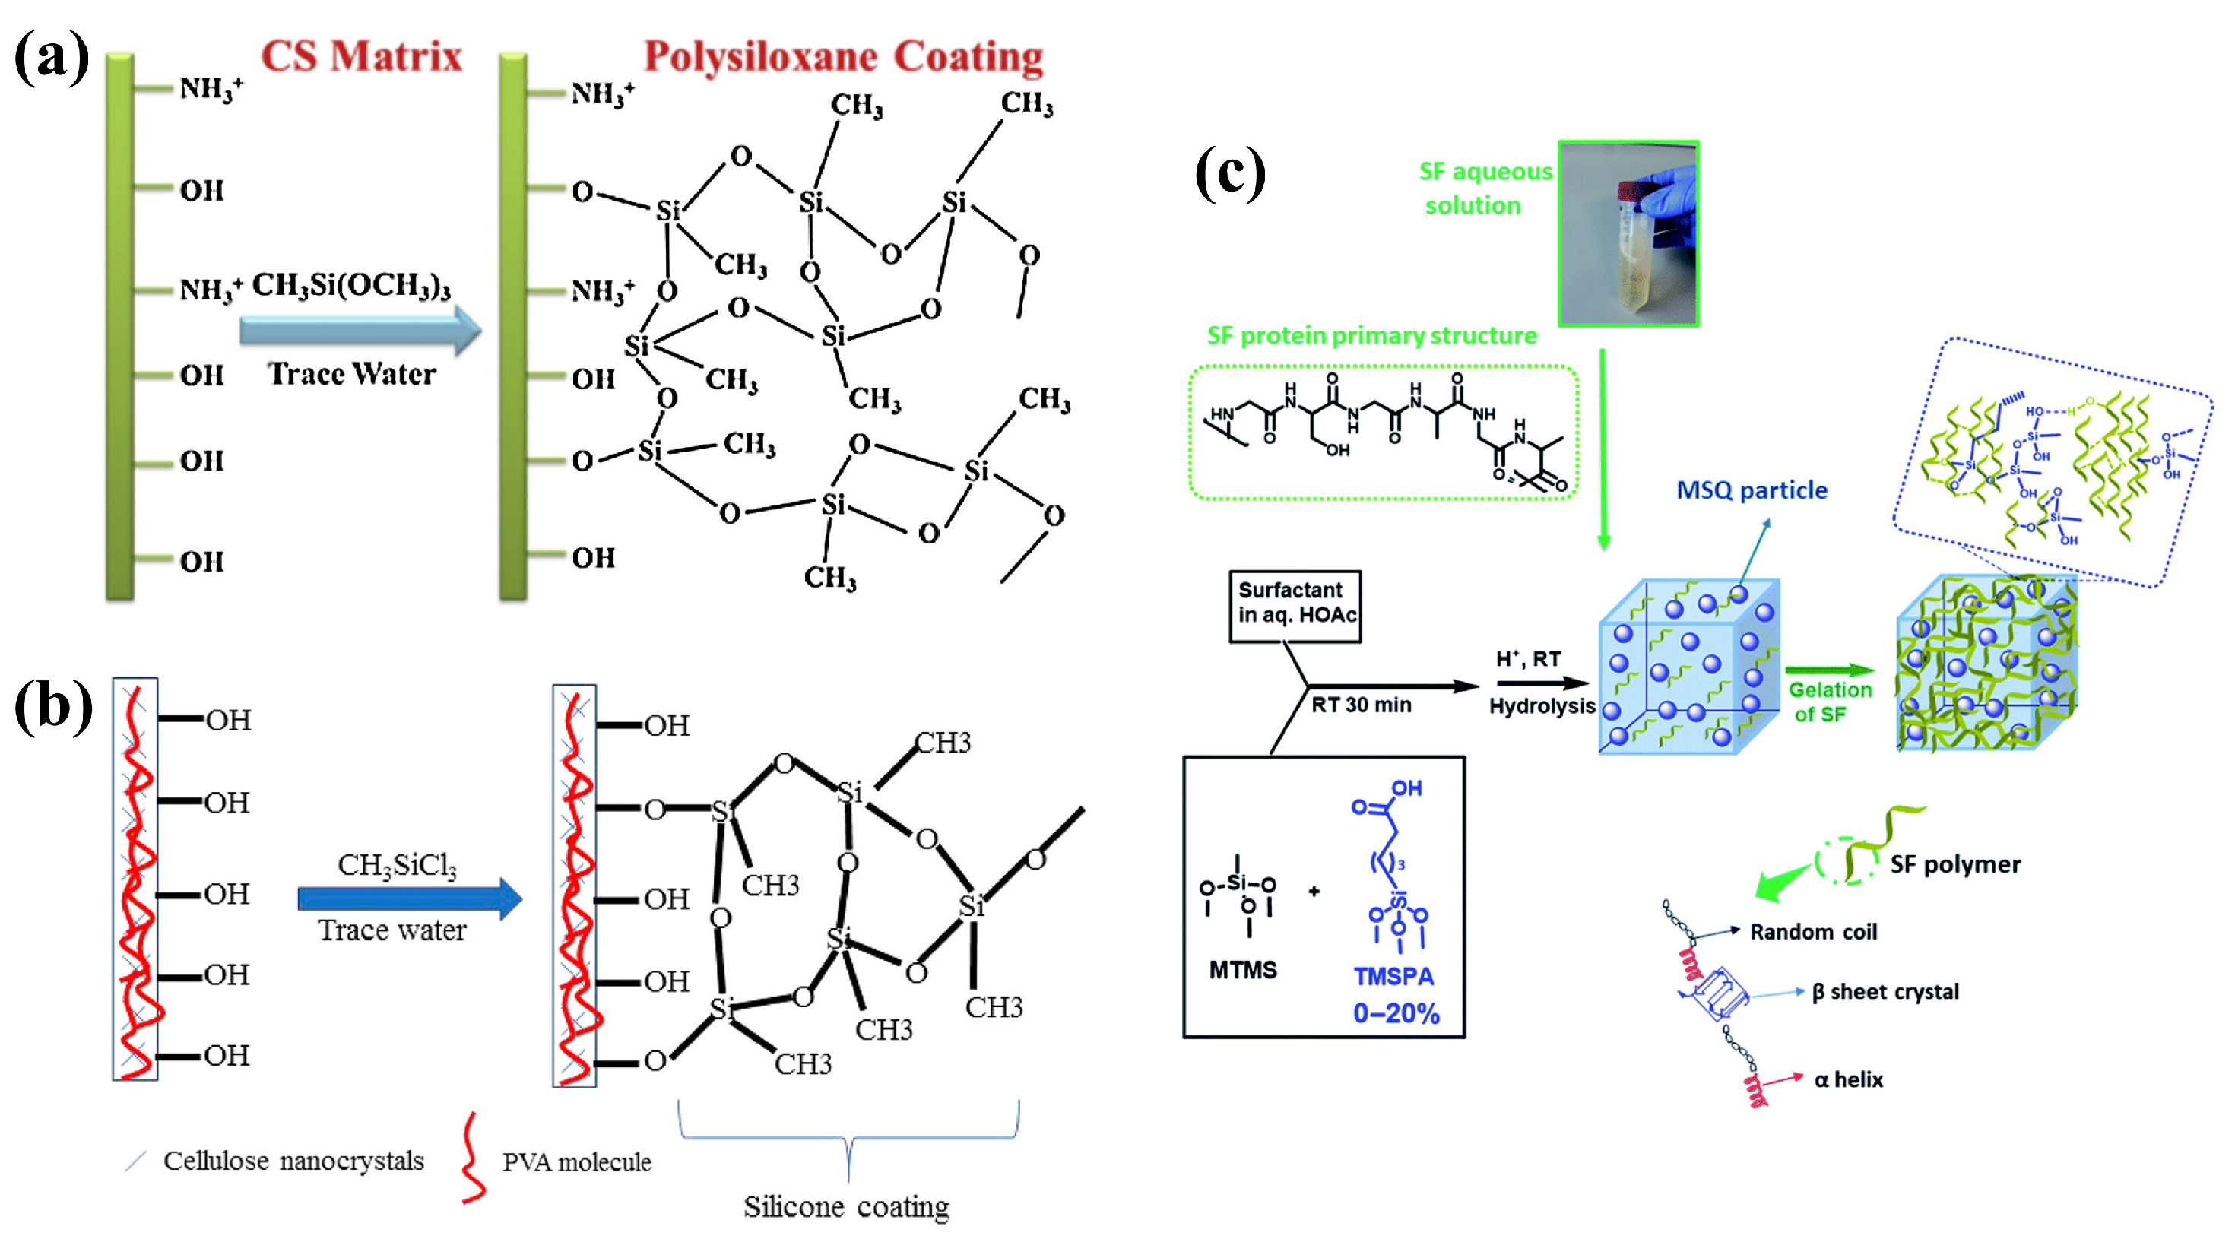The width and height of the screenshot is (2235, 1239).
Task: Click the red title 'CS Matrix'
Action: click(361, 56)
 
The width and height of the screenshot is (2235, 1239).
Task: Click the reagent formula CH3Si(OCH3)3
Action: click(350, 286)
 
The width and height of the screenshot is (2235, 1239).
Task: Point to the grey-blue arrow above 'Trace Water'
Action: click(359, 331)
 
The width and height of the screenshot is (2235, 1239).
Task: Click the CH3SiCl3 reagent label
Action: click(397, 865)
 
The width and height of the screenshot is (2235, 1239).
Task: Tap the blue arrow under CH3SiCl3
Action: click(409, 898)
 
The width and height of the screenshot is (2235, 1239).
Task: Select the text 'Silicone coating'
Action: click(846, 1206)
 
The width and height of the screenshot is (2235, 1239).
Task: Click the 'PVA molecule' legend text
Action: click(576, 1161)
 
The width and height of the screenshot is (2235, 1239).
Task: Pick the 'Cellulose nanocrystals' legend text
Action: click(293, 1161)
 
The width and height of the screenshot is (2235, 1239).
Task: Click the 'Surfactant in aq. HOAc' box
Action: click(1295, 605)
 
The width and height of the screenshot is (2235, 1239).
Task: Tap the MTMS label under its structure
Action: click(1242, 970)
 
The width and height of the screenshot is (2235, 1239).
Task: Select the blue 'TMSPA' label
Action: click(1393, 977)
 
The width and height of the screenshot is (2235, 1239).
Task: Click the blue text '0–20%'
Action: click(1396, 1012)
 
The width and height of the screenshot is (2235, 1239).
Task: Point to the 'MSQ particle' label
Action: click(1751, 490)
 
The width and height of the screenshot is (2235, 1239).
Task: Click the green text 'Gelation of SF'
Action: click(1829, 702)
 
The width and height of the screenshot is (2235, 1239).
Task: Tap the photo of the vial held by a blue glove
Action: click(1628, 233)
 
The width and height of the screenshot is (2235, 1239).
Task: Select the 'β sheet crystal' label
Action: click(1885, 992)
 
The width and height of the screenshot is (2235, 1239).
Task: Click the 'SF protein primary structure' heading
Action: click(1371, 336)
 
